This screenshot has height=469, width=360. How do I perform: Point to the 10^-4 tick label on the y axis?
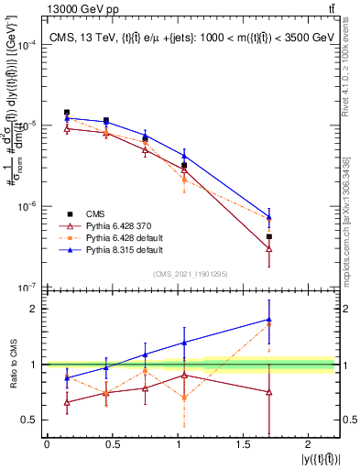click(28, 44)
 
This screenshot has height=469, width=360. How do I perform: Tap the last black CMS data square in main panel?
click(268, 236)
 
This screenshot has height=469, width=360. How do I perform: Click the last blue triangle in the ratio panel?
click(268, 320)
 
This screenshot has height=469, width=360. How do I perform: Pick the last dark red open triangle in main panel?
click(268, 248)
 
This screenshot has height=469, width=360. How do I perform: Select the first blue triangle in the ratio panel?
click(67, 377)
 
